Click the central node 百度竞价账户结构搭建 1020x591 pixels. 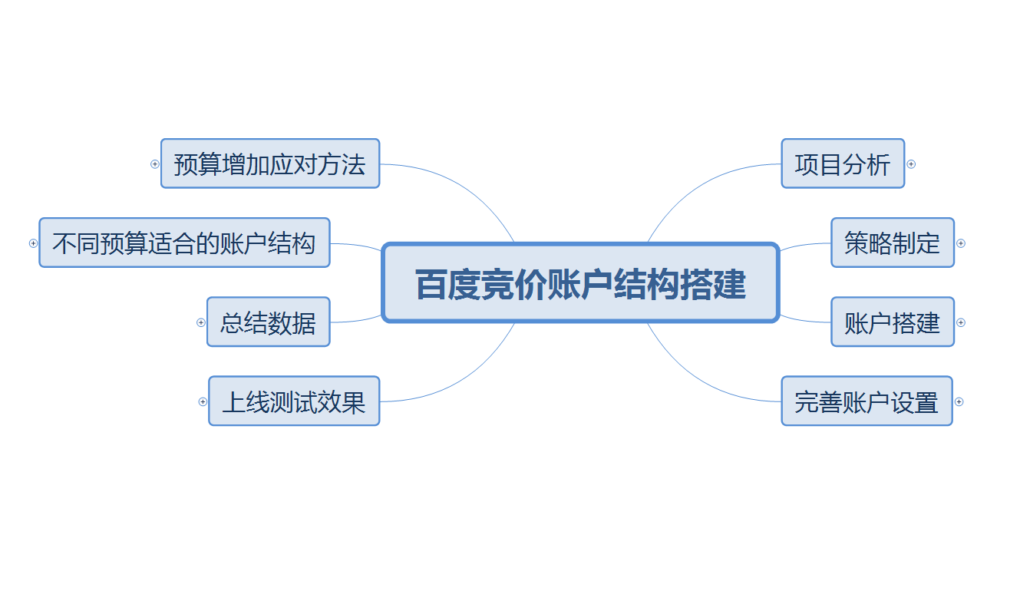click(x=580, y=283)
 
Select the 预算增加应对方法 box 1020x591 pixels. click(x=270, y=163)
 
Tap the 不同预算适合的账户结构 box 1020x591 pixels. click(x=184, y=243)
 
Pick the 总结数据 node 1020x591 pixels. click(x=268, y=322)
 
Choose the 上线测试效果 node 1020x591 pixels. click(x=294, y=401)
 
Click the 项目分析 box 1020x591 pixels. click(x=843, y=163)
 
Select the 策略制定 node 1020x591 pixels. click(x=892, y=243)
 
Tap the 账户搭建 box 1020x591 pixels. click(x=892, y=322)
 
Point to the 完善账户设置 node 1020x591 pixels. click(x=867, y=401)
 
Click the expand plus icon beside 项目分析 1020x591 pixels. click(x=911, y=164)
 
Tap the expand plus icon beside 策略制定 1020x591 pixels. click(x=960, y=243)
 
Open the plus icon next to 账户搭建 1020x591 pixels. click(x=960, y=322)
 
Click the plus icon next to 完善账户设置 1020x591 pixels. click(x=959, y=401)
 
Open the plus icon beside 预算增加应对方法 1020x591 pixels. click(x=155, y=164)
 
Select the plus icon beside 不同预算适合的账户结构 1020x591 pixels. click(x=33, y=243)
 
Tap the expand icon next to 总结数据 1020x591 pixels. click(x=201, y=322)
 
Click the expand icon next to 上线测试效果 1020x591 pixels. click(x=203, y=401)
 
